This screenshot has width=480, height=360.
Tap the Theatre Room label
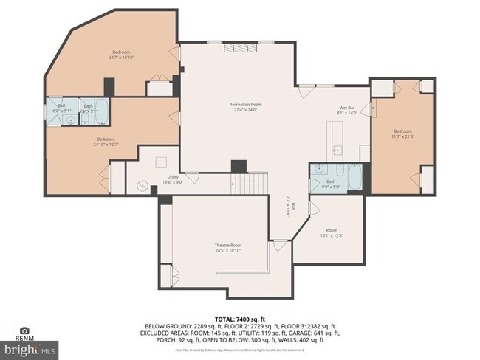pos(227,248)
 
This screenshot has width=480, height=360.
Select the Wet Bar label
pos(347,110)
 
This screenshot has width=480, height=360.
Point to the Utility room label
pos(173,179)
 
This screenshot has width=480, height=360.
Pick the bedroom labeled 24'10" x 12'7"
pos(105,142)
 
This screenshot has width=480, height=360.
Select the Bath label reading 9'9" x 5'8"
pos(331,184)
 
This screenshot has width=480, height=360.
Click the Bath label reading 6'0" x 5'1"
pos(62,108)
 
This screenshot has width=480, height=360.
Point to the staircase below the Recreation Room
pos(250,182)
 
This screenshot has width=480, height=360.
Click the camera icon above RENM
pos(24,331)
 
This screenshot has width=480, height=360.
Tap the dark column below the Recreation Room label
pos(239,166)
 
